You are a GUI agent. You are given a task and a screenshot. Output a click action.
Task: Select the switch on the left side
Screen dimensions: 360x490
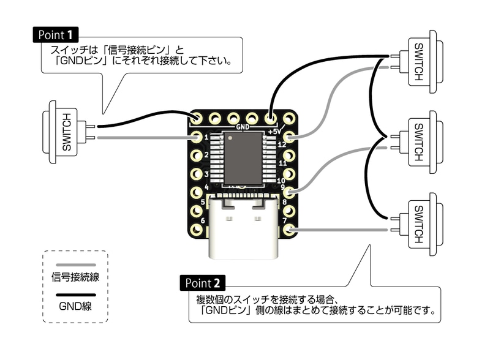[64, 132]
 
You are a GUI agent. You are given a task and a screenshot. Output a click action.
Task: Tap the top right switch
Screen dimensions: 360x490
[421, 62]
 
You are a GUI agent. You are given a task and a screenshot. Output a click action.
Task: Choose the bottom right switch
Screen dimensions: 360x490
[421, 224]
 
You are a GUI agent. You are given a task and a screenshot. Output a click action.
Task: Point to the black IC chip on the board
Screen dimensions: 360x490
[243, 159]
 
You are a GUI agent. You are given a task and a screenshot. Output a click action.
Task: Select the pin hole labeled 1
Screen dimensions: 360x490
[197, 137]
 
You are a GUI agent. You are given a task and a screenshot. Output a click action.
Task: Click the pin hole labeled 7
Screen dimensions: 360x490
[289, 231]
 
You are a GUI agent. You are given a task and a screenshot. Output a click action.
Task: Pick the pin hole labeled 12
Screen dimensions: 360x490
[290, 137]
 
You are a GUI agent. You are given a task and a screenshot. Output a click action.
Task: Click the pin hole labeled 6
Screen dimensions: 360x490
[197, 231]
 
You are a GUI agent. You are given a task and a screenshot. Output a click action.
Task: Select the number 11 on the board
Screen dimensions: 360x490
[282, 164]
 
